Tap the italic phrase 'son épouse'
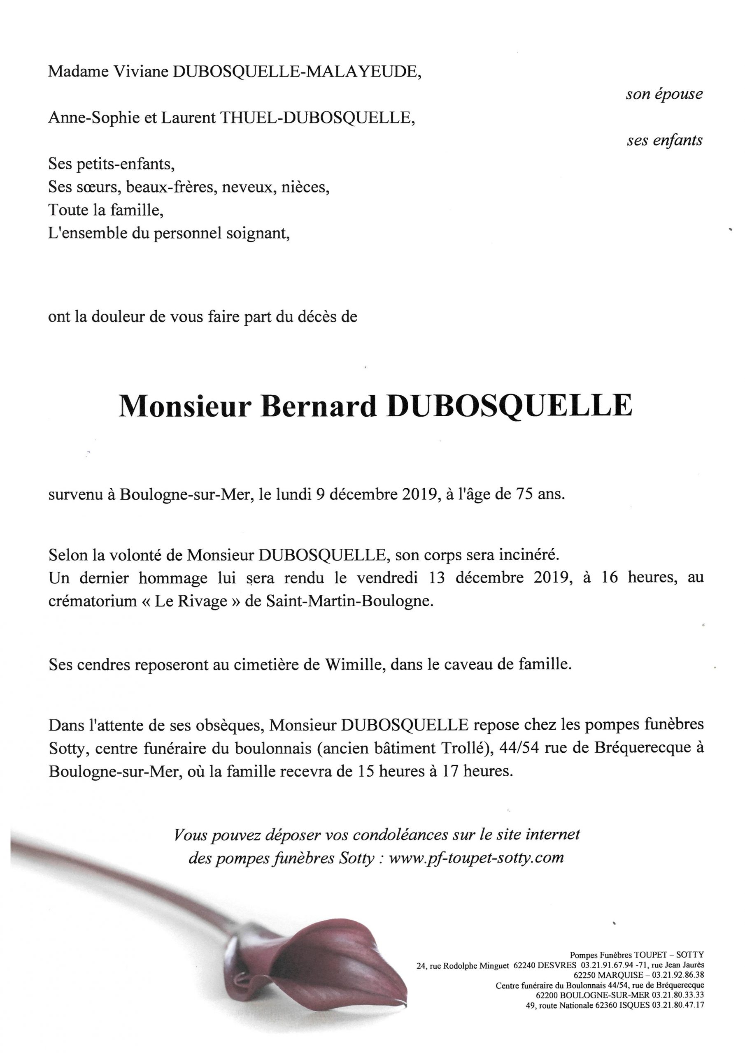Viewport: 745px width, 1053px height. pyautogui.click(x=664, y=95)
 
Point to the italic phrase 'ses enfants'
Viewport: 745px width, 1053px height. pyautogui.click(x=664, y=140)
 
